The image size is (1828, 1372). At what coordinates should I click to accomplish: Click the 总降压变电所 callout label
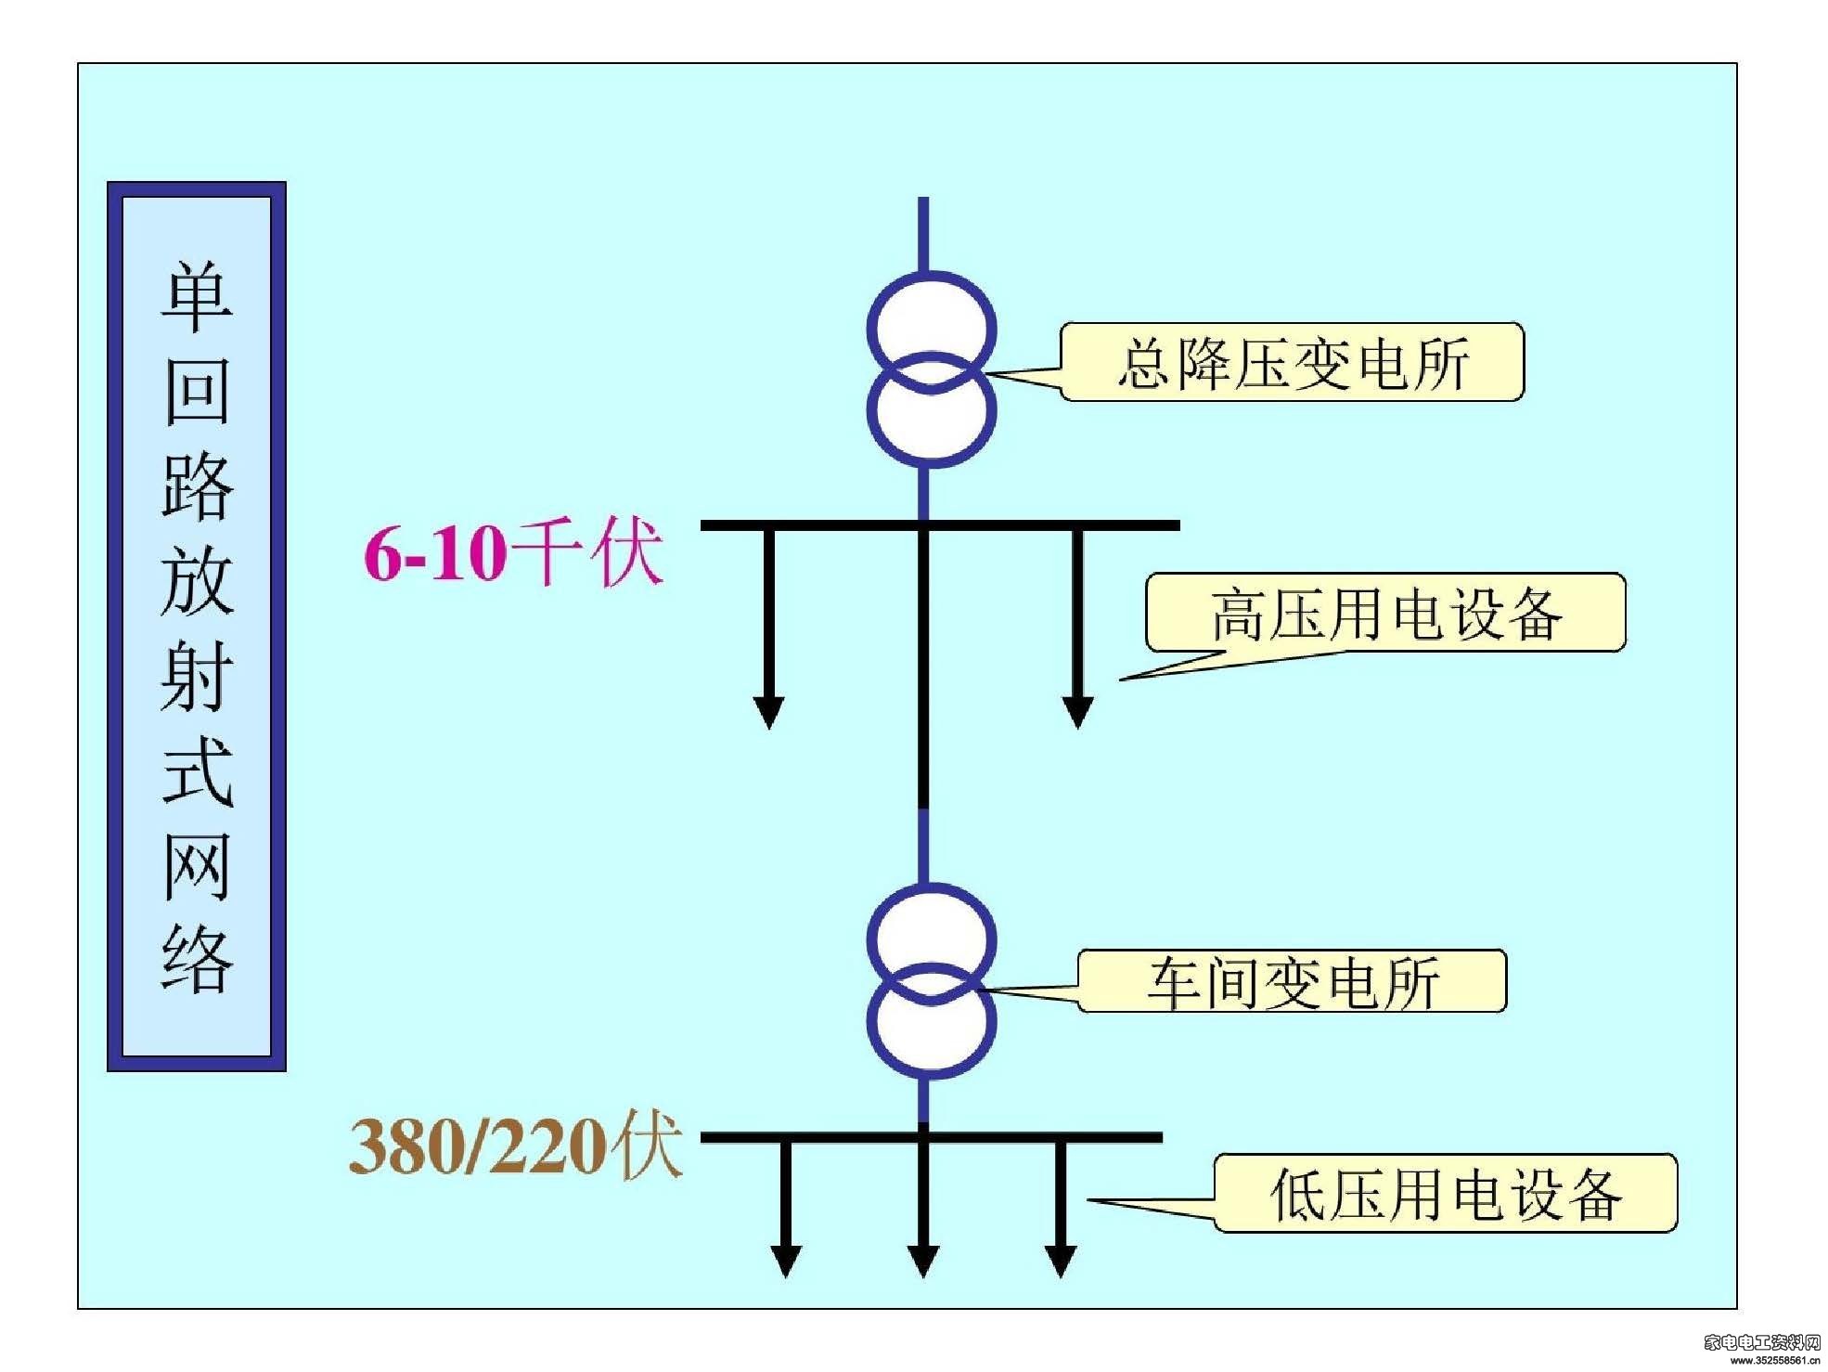pyautogui.click(x=1293, y=363)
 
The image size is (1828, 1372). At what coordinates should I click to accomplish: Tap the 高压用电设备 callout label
pyautogui.click(x=1386, y=614)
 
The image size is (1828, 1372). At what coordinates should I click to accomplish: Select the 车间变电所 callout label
pyautogui.click(x=1293, y=982)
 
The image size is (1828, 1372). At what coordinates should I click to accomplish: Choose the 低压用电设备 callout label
pyautogui.click(x=1446, y=1194)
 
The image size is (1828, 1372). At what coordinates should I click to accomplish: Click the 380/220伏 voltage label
pyautogui.click(x=516, y=1145)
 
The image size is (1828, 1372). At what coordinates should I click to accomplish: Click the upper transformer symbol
pyautogui.click(x=931, y=369)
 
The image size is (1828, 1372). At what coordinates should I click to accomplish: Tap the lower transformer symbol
pyautogui.click(x=931, y=980)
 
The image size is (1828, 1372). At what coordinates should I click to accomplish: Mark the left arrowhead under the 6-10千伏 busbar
pyautogui.click(x=768, y=712)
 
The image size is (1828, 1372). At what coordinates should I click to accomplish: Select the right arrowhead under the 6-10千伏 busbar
pyautogui.click(x=1076, y=712)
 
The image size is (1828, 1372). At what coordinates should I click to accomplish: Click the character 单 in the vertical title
pyautogui.click(x=197, y=297)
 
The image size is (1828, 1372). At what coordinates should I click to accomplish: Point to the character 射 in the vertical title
pyautogui.click(x=197, y=676)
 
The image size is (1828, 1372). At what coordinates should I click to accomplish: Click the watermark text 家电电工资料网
pyautogui.click(x=1762, y=1341)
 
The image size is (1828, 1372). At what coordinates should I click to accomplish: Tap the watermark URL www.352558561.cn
pyautogui.click(x=1773, y=1361)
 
